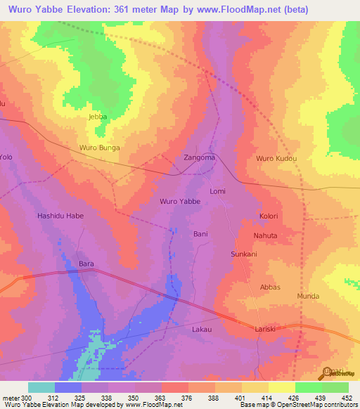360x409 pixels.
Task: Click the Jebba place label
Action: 97,117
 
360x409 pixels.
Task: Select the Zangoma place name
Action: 199,157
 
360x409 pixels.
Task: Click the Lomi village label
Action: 217,191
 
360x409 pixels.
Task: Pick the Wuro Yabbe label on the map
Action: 180,202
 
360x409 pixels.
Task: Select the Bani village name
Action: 200,233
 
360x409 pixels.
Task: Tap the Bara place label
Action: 86,264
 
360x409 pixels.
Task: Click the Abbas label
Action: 270,287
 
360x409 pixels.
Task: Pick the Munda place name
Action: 307,297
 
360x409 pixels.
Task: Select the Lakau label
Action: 201,329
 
